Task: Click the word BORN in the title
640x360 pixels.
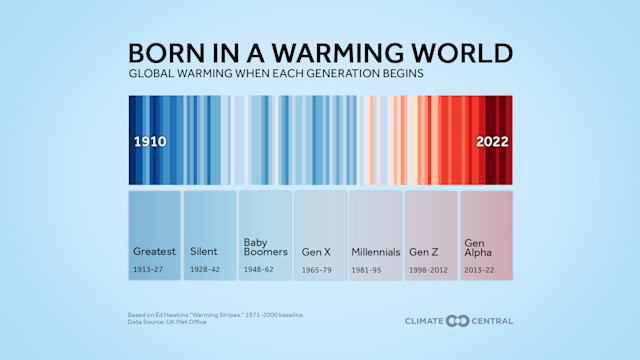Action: click(x=164, y=53)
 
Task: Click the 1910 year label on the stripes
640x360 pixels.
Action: click(x=150, y=142)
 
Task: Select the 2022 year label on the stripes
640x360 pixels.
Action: click(x=491, y=142)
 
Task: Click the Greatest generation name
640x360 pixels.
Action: click(x=154, y=252)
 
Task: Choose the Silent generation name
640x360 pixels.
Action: click(x=203, y=252)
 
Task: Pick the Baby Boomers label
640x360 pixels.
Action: click(x=265, y=247)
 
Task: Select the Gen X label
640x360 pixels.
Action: click(x=317, y=252)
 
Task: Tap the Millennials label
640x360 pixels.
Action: click(x=375, y=252)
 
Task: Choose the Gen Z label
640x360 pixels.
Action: click(x=424, y=252)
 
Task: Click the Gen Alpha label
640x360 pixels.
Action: click(x=477, y=247)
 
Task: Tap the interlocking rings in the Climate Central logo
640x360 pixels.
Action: click(x=457, y=321)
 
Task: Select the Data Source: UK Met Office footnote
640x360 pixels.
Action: click(x=167, y=322)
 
